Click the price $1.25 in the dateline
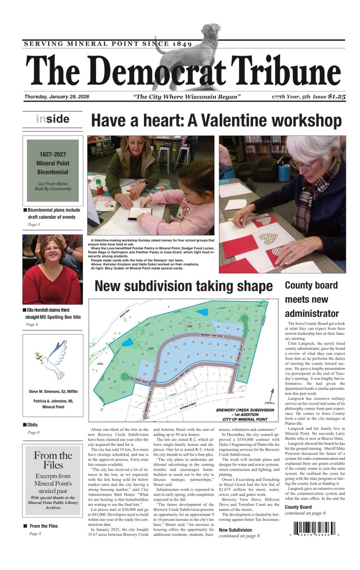pyautogui.click(x=337, y=97)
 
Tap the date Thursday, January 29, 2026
pyautogui.click(x=57, y=97)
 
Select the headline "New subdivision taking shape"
pyautogui.click(x=184, y=286)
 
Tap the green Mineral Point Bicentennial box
pyautogui.click(x=52, y=170)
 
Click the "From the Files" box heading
pyautogui.click(x=52, y=460)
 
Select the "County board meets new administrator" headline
pyautogui.click(x=311, y=299)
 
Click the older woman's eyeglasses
pyautogui.click(x=303, y=165)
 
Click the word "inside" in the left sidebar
pyautogui.click(x=52, y=119)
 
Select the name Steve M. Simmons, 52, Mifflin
pyautogui.click(x=53, y=391)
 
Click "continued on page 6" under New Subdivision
pyautogui.click(x=239, y=536)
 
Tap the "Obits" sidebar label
pyautogui.click(x=33, y=425)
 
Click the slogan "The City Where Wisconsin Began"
pyautogui.click(x=187, y=97)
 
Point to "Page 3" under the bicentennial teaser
pyautogui.click(x=33, y=225)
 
